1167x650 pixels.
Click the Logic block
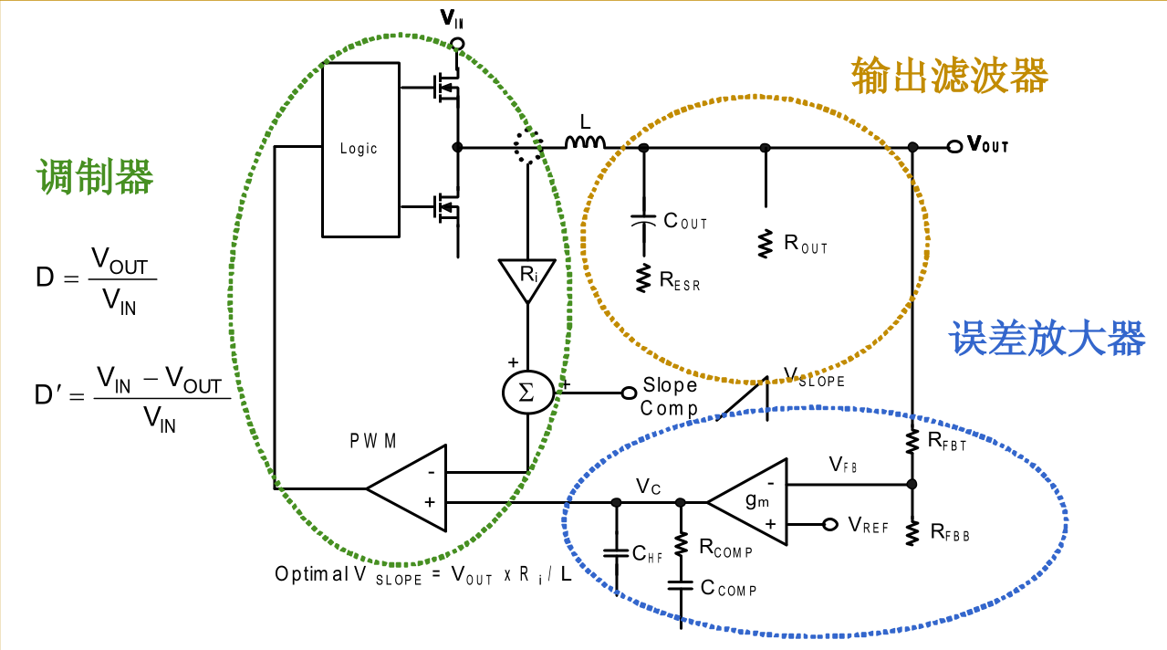359,148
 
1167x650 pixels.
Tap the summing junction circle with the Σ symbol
527,393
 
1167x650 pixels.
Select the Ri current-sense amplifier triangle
526,278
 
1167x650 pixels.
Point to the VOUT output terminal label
987,144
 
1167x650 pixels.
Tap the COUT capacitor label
684,221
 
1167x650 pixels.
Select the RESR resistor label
680,280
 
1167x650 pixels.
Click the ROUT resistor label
806,244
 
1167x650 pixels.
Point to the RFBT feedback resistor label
947,442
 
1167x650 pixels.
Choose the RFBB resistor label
950,531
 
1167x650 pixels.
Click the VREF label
868,525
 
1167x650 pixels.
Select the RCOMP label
725,548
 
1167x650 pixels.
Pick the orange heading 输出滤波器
950,75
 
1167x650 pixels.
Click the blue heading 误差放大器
1047,338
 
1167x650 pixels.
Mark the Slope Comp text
669,397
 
